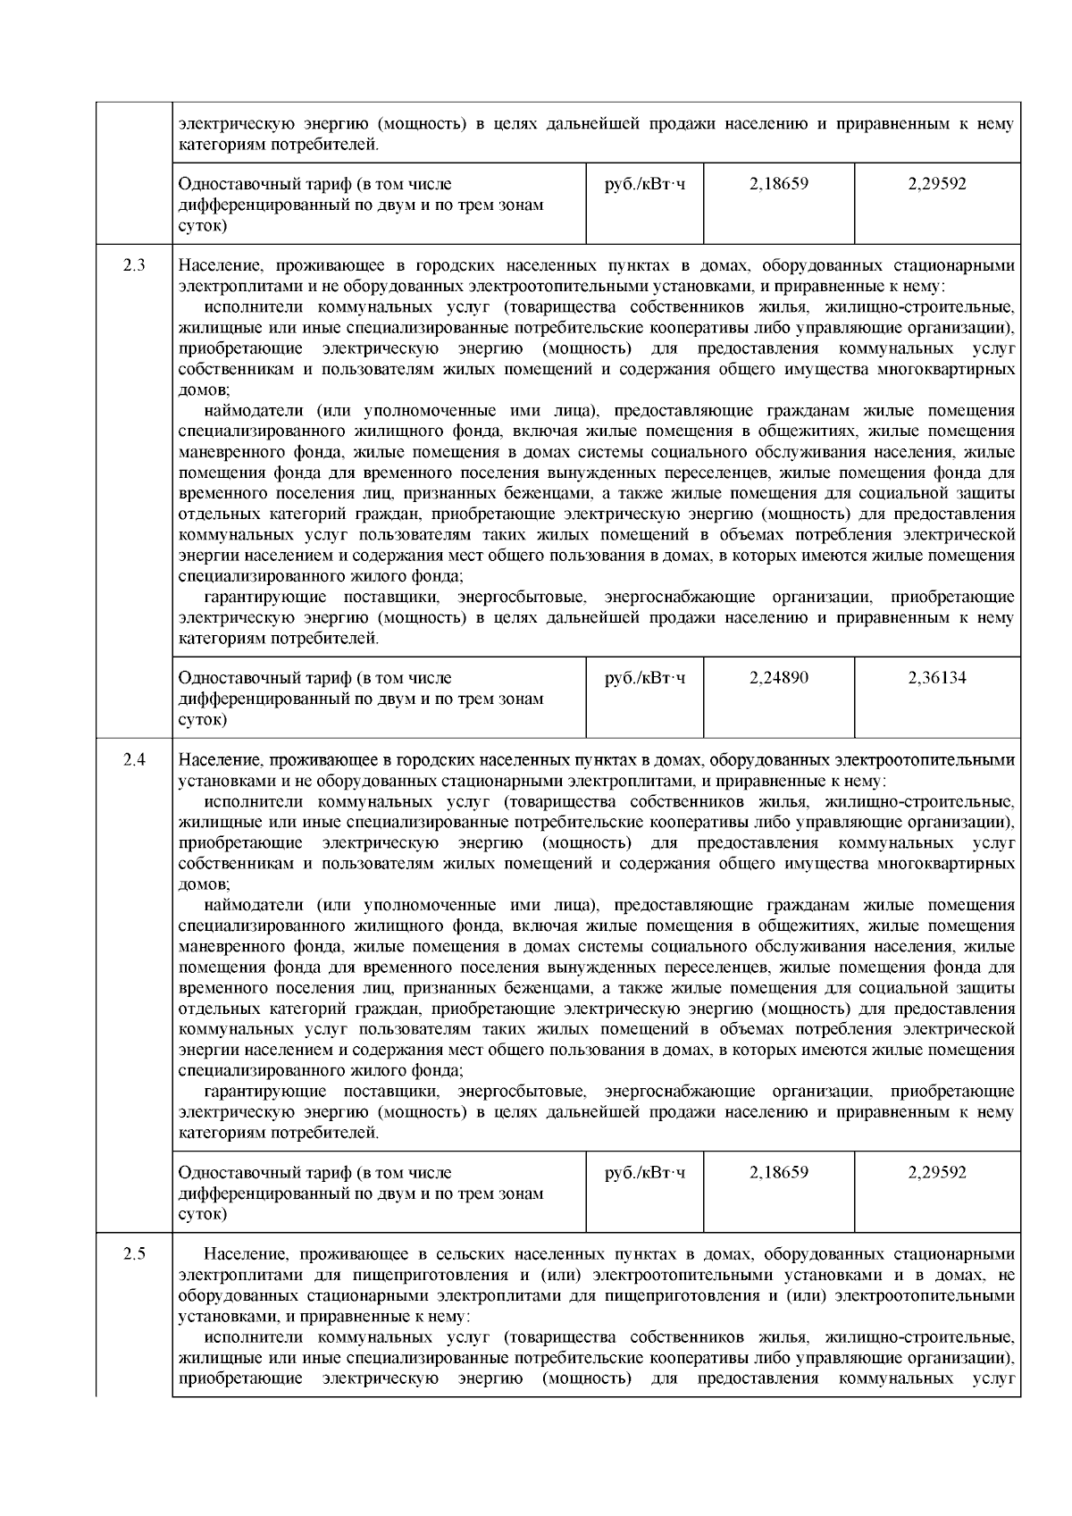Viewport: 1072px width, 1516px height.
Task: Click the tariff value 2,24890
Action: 779,678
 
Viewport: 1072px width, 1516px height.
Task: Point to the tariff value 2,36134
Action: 937,678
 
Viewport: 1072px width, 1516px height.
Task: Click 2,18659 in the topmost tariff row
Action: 779,184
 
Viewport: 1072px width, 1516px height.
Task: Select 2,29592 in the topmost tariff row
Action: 937,184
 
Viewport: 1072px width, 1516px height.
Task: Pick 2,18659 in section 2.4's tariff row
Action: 779,1172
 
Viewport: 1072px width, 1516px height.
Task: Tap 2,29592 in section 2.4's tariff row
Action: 937,1172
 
